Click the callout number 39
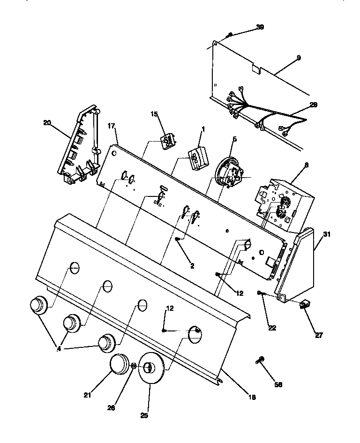[x=260, y=27]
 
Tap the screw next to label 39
[x=230, y=34]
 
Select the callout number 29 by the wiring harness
[x=313, y=105]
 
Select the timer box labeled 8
[x=279, y=204]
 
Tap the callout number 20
[x=47, y=123]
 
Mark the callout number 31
[x=327, y=234]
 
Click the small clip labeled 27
[x=305, y=305]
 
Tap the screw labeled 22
[x=261, y=293]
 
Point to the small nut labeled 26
[x=134, y=366]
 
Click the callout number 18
[x=252, y=397]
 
